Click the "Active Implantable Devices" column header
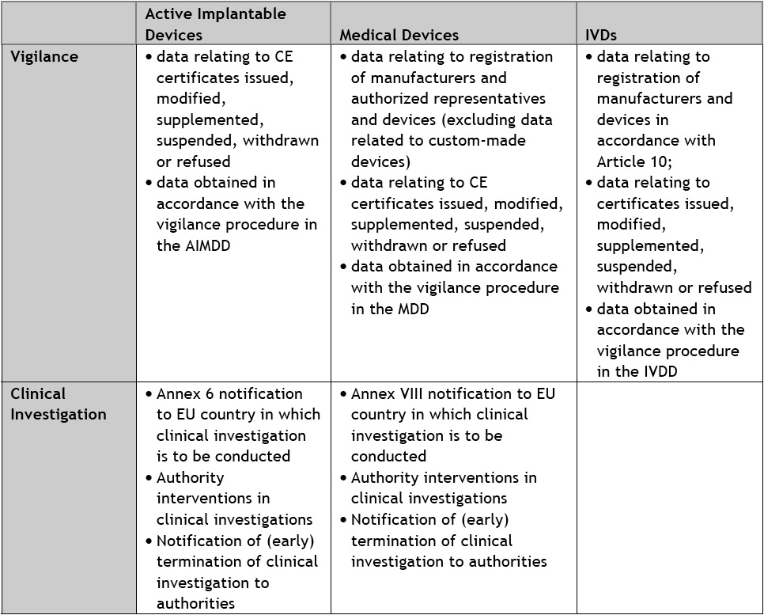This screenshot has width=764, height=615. [215, 24]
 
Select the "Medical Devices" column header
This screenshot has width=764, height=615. [399, 35]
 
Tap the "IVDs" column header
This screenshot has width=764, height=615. [601, 35]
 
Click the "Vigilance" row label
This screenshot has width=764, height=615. [43, 56]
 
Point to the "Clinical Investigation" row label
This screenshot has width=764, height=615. [58, 404]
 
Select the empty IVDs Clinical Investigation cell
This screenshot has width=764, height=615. [669, 497]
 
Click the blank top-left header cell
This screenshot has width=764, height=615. [68, 24]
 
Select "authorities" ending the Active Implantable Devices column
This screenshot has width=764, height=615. [195, 604]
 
